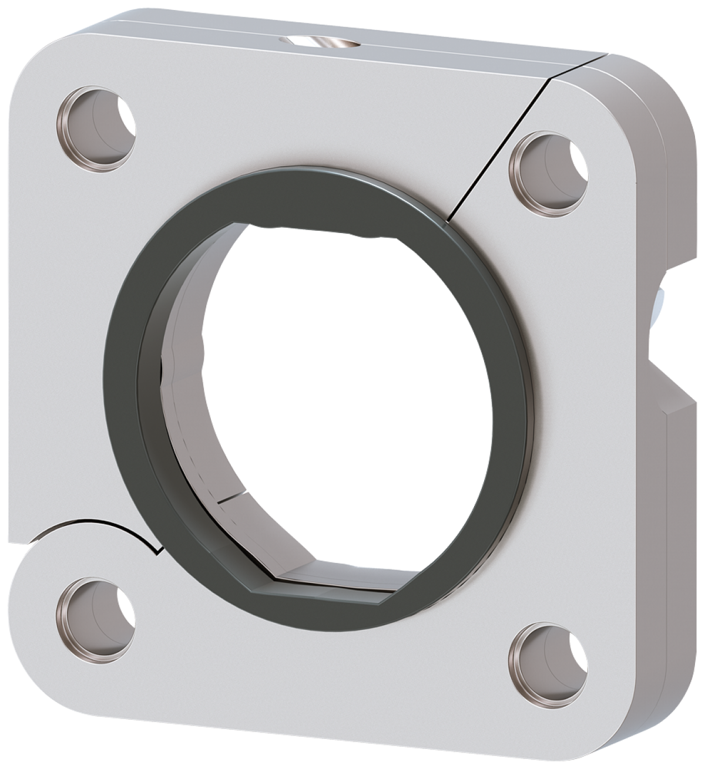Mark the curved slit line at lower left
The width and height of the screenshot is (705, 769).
click(100, 522)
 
